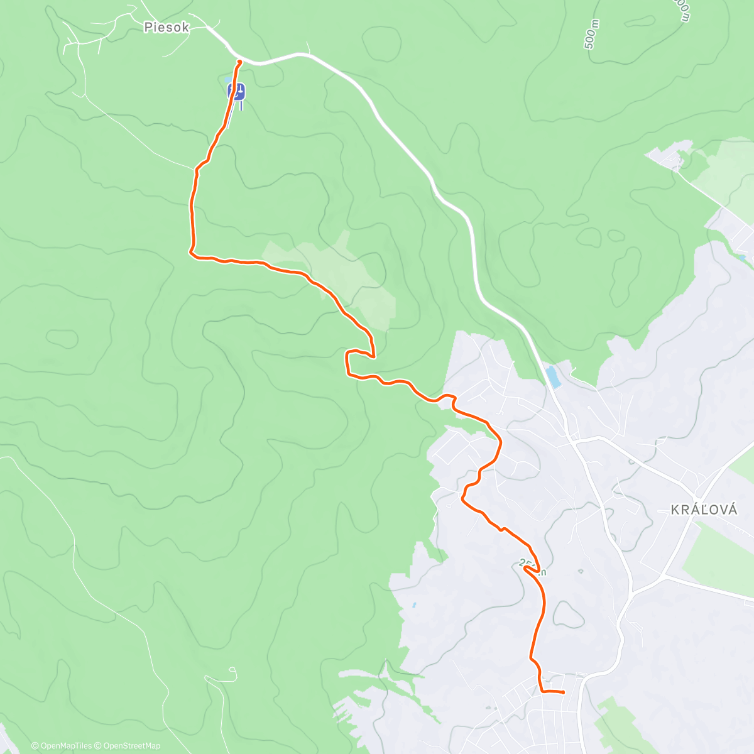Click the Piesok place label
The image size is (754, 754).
(166, 28)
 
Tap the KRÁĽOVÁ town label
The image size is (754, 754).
(704, 510)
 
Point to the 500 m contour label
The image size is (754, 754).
(591, 35)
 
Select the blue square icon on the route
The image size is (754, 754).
(236, 92)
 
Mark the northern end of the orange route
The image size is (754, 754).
(239, 61)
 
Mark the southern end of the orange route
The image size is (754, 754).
(563, 692)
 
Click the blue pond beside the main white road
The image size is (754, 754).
(553, 377)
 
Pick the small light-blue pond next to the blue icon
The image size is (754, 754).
(227, 80)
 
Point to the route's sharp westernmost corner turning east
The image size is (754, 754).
(190, 253)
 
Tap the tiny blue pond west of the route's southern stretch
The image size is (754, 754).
(414, 606)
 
